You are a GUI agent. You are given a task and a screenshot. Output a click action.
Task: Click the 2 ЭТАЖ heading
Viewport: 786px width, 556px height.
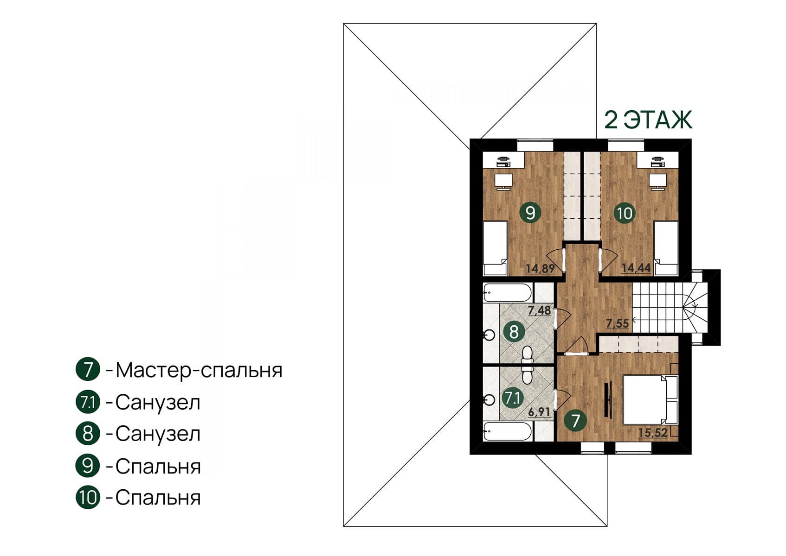tap(648, 120)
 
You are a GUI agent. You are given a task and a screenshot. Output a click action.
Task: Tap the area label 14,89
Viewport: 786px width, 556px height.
tap(540, 269)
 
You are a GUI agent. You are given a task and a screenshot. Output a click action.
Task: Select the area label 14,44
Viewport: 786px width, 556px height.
tap(636, 268)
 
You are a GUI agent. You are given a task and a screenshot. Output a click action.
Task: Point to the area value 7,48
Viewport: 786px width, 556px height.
tap(540, 310)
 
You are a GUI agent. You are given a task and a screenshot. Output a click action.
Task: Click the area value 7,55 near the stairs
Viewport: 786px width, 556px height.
tap(618, 323)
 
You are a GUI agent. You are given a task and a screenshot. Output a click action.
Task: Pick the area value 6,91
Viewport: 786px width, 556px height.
tap(539, 412)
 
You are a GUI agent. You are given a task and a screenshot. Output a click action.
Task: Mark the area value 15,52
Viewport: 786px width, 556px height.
tap(653, 433)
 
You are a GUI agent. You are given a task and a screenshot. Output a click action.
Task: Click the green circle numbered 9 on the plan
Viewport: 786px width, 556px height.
tap(530, 212)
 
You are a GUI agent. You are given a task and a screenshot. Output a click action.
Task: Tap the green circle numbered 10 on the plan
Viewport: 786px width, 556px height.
tap(625, 213)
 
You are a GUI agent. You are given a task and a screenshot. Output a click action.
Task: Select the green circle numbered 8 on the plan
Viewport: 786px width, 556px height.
tap(514, 331)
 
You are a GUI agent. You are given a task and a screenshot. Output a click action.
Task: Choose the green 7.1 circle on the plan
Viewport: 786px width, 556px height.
tap(513, 398)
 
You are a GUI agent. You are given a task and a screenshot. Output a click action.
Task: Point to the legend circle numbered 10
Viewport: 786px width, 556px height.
tap(88, 498)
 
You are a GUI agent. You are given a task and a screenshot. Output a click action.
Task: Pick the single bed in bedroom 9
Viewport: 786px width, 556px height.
tap(496, 248)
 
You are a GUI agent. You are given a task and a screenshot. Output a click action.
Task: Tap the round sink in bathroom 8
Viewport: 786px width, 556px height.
tap(489, 335)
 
